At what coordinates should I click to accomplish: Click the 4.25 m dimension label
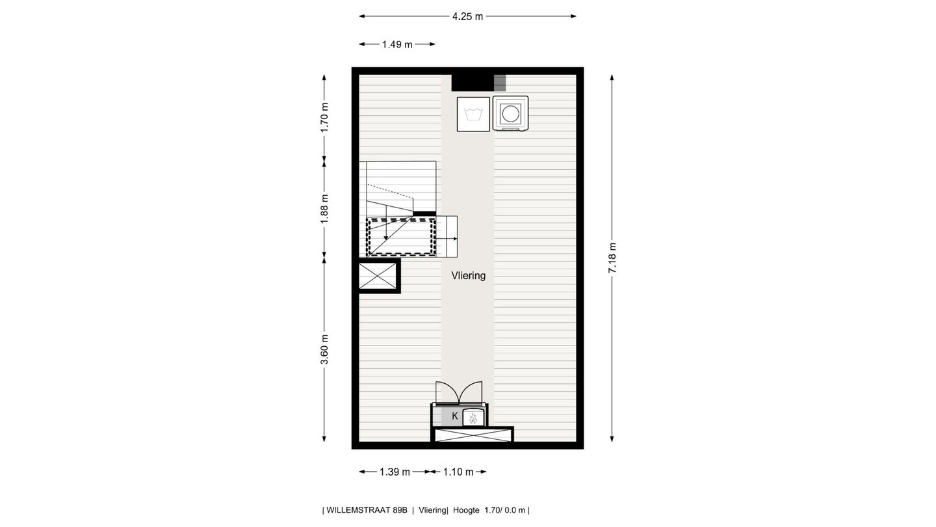467,16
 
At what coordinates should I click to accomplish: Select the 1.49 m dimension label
396,44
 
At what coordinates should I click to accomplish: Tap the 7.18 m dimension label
612,258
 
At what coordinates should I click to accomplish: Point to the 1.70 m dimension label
324,118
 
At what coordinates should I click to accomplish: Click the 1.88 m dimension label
324,209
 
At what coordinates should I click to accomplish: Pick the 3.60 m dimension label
324,349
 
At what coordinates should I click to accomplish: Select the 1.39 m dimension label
395,472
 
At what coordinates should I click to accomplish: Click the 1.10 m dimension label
458,472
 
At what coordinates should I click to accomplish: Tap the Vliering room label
468,276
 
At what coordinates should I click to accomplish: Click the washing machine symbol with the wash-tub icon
473,114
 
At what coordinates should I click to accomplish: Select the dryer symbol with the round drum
510,114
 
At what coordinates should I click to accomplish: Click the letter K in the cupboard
454,416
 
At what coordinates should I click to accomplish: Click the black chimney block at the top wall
472,83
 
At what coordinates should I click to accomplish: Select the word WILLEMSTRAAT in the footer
367,510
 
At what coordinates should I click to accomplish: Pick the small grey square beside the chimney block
499,83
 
